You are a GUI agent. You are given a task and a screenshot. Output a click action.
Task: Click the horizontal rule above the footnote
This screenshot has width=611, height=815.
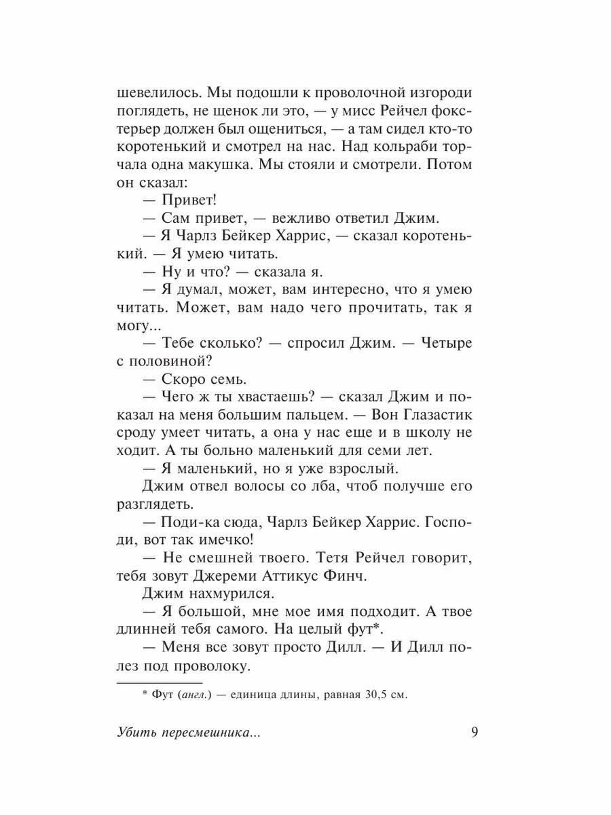tap(160, 681)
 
